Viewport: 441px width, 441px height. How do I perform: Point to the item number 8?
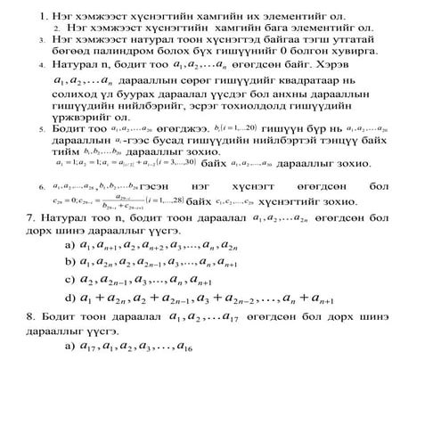click(x=32, y=315)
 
